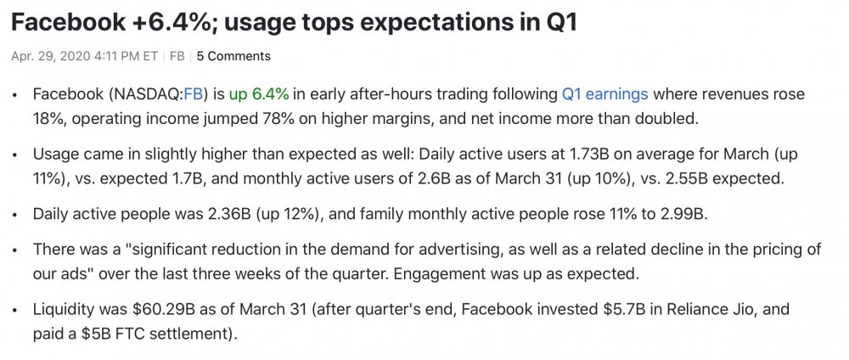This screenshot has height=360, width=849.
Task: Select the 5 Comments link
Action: tap(233, 56)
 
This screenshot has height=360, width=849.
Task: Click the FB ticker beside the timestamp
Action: tap(177, 56)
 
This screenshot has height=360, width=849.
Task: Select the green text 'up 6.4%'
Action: tap(259, 95)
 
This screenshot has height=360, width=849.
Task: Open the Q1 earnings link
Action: tap(604, 95)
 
